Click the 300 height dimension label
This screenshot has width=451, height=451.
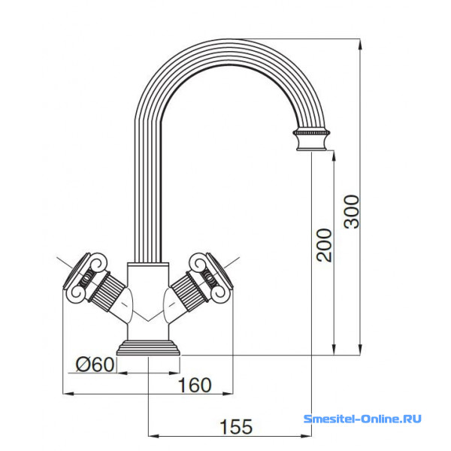352,212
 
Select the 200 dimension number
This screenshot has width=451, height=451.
324,245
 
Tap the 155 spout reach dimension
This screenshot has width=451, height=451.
236,426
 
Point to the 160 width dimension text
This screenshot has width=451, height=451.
195,385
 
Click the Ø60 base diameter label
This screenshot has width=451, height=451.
95,365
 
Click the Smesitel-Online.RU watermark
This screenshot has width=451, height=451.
362,419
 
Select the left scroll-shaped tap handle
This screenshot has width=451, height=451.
85,276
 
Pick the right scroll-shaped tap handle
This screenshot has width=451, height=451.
211,276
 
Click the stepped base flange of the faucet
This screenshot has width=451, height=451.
148,348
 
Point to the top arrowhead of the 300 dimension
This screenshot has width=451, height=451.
360,44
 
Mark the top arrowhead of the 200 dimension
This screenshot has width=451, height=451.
334,156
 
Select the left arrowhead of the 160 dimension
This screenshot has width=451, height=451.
68,393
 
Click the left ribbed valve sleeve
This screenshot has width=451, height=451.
107,292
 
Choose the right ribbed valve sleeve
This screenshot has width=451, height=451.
189,292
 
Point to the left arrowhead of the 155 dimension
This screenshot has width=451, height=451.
153,436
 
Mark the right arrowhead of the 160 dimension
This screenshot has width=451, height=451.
227,393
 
